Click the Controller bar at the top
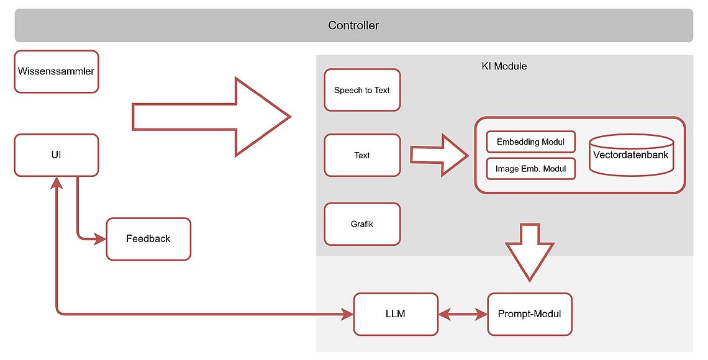coord(353,25)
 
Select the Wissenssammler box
coord(56,71)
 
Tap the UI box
coord(56,155)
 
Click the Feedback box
coord(148,239)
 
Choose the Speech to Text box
coord(362,90)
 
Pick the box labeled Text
coord(362,155)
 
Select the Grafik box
coord(362,224)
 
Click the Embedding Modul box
coord(530,142)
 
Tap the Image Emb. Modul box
coord(530,169)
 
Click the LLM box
coord(395,314)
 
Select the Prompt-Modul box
coord(529,314)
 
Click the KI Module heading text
coord(504,66)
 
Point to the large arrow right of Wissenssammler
coord(211,117)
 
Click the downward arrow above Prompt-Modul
coord(530,251)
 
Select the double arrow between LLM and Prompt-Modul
coord(462,315)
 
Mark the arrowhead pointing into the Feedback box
coord(100,239)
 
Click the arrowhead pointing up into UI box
coord(57,182)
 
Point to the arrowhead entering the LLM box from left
coord(347,315)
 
